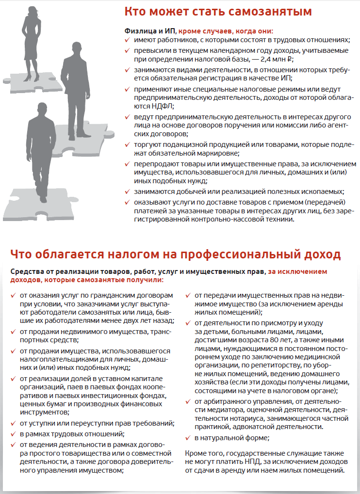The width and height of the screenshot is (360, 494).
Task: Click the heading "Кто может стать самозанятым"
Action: coord(218,11)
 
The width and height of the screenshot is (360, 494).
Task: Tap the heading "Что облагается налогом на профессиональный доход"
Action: coord(175,255)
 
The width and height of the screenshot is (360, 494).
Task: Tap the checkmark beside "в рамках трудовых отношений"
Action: coord(13,433)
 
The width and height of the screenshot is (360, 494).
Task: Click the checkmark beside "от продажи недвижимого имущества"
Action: coord(13,331)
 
